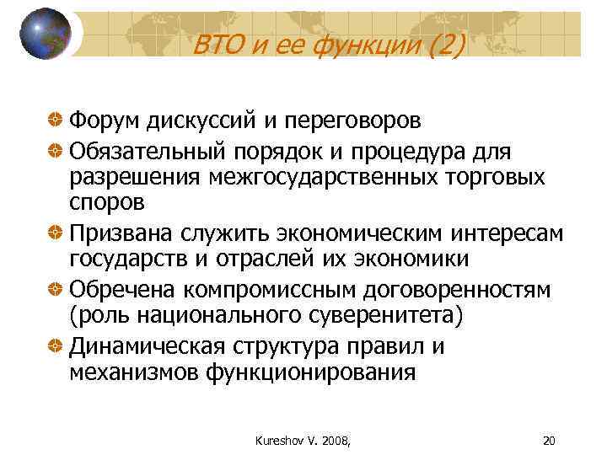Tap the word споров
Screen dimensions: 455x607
point(107,203)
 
